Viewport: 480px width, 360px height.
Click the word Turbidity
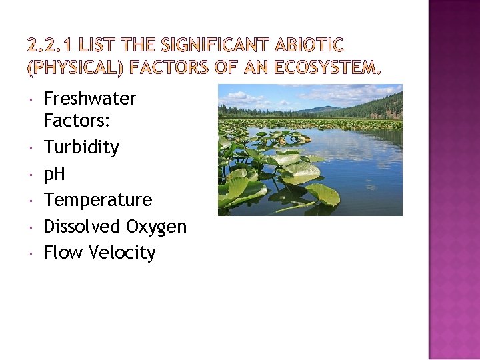coord(81,147)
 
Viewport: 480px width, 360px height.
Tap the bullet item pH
coord(54,174)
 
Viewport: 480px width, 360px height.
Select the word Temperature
coord(97,200)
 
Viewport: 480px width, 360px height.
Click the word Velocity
coord(123,253)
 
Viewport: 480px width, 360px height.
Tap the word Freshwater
coord(89,99)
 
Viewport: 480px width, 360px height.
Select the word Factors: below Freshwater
coord(71,121)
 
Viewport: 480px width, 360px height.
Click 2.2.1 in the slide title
coord(51,46)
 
